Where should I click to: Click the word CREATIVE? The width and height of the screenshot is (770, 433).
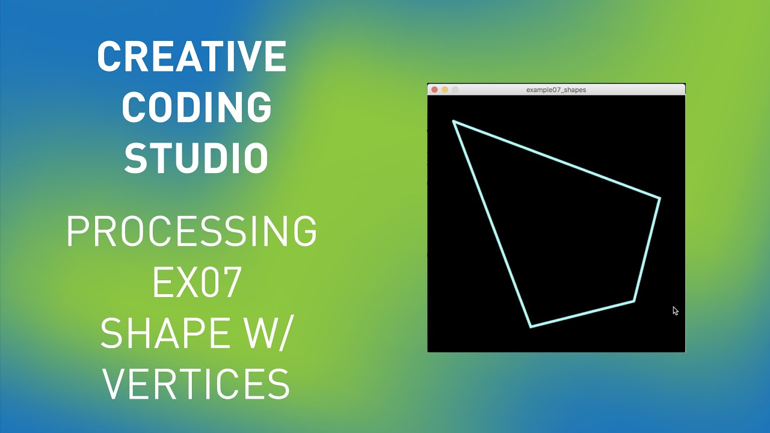tap(191, 57)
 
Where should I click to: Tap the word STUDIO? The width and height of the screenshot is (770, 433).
tap(196, 159)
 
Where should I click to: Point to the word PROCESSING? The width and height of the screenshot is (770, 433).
tap(191, 232)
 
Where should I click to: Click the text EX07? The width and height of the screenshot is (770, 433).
tap(197, 283)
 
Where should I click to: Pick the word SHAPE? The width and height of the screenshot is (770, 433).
tap(159, 333)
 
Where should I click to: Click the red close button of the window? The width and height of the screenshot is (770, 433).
tap(434, 90)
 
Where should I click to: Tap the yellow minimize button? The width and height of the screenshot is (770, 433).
tap(445, 90)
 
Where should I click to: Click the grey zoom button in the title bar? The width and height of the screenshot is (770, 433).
tap(455, 90)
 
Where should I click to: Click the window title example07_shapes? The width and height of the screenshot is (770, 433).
tap(556, 90)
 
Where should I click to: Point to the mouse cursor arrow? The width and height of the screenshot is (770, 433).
tap(675, 310)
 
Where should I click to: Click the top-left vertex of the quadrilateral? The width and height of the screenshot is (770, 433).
tap(454, 121)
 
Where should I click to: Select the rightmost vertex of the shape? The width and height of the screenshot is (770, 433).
tap(659, 198)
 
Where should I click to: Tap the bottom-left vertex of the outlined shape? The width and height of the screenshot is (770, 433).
tap(531, 327)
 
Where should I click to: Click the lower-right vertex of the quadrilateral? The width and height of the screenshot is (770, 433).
tap(633, 301)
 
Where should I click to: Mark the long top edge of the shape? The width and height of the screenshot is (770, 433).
tap(556, 159)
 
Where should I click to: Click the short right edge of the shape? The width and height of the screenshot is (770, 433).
tap(647, 250)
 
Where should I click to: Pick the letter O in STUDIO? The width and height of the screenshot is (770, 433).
tap(256, 159)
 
